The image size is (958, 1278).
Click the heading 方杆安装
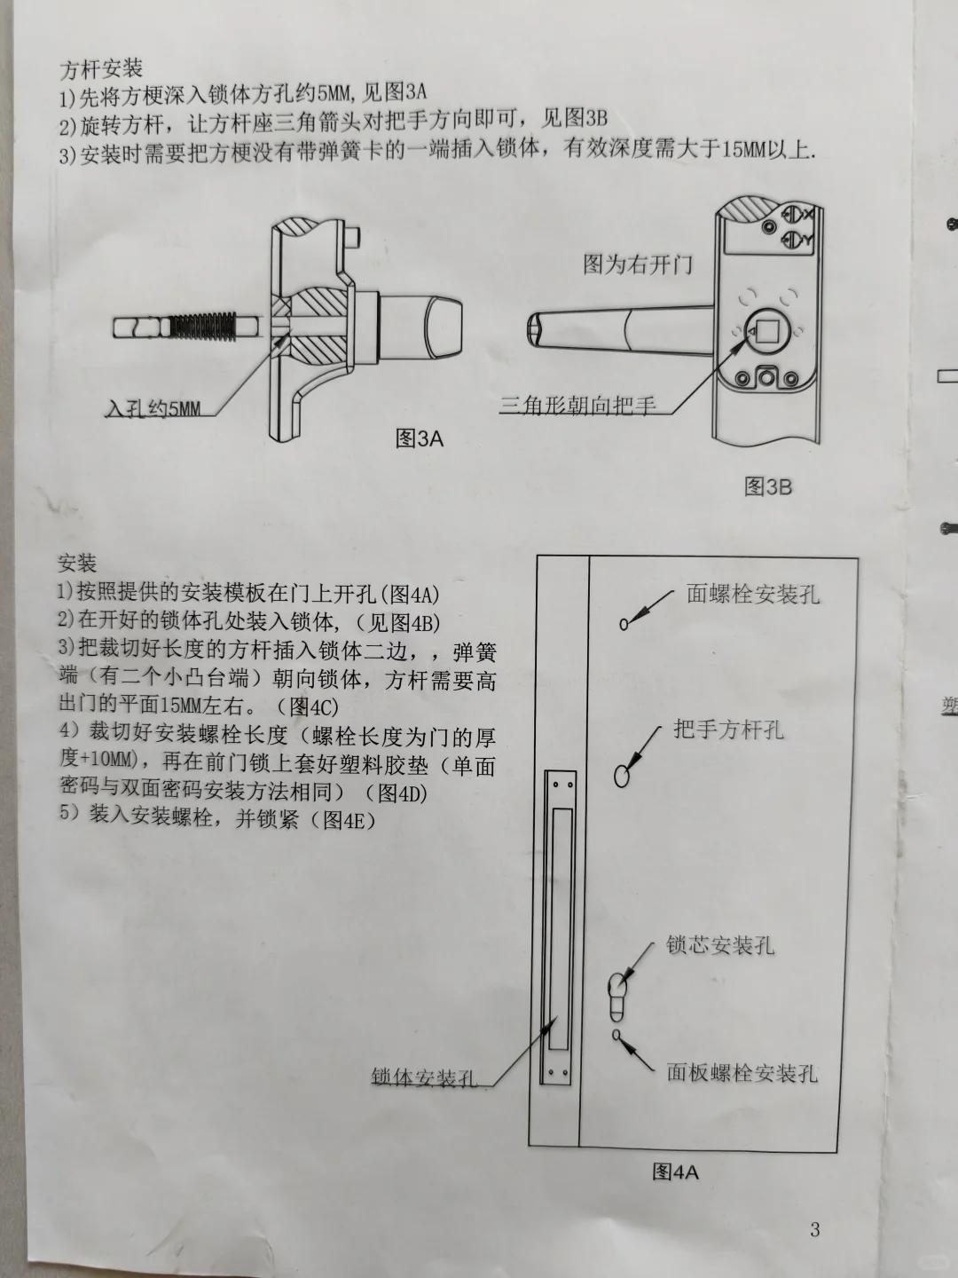pyautogui.click(x=101, y=68)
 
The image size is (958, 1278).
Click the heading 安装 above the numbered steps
pyautogui.click(x=77, y=564)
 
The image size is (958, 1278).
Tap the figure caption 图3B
pyautogui.click(x=768, y=486)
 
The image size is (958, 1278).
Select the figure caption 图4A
pyautogui.click(x=676, y=1171)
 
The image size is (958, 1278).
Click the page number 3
pyautogui.click(x=815, y=1229)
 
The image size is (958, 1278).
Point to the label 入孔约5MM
pyautogui.click(x=153, y=409)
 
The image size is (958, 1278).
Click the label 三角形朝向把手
pyautogui.click(x=578, y=406)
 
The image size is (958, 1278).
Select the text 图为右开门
pyautogui.click(x=638, y=264)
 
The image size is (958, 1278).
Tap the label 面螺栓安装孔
pyautogui.click(x=753, y=594)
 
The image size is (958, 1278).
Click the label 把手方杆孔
pyautogui.click(x=729, y=730)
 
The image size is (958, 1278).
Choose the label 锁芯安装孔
pyautogui.click(x=720, y=945)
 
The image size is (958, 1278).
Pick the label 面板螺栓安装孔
pyautogui.click(x=742, y=1073)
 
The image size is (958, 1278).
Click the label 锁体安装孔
pyautogui.click(x=425, y=1077)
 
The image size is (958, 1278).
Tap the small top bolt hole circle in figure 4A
pyautogui.click(x=624, y=624)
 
